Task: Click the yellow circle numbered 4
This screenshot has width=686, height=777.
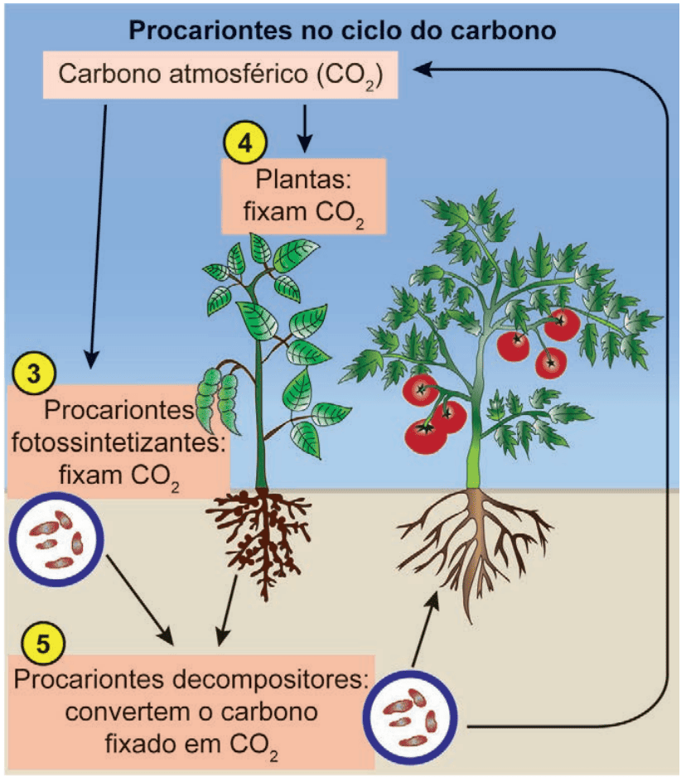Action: click(x=245, y=142)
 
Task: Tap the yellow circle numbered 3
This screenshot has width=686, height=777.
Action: click(x=34, y=373)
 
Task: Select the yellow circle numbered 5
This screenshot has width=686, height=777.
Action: click(x=43, y=643)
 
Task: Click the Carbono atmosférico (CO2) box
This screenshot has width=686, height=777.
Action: click(x=220, y=75)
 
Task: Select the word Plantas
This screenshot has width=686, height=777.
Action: click(x=303, y=180)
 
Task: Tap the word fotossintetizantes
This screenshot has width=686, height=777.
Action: click(x=118, y=442)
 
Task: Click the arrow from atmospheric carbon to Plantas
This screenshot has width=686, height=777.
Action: click(x=304, y=128)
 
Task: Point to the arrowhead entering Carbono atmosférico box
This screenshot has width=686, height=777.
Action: click(x=423, y=70)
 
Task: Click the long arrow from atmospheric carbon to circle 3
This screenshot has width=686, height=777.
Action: click(x=98, y=236)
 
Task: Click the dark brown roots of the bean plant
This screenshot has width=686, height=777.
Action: click(x=258, y=535)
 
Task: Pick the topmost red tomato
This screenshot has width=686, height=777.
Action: click(x=562, y=324)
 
